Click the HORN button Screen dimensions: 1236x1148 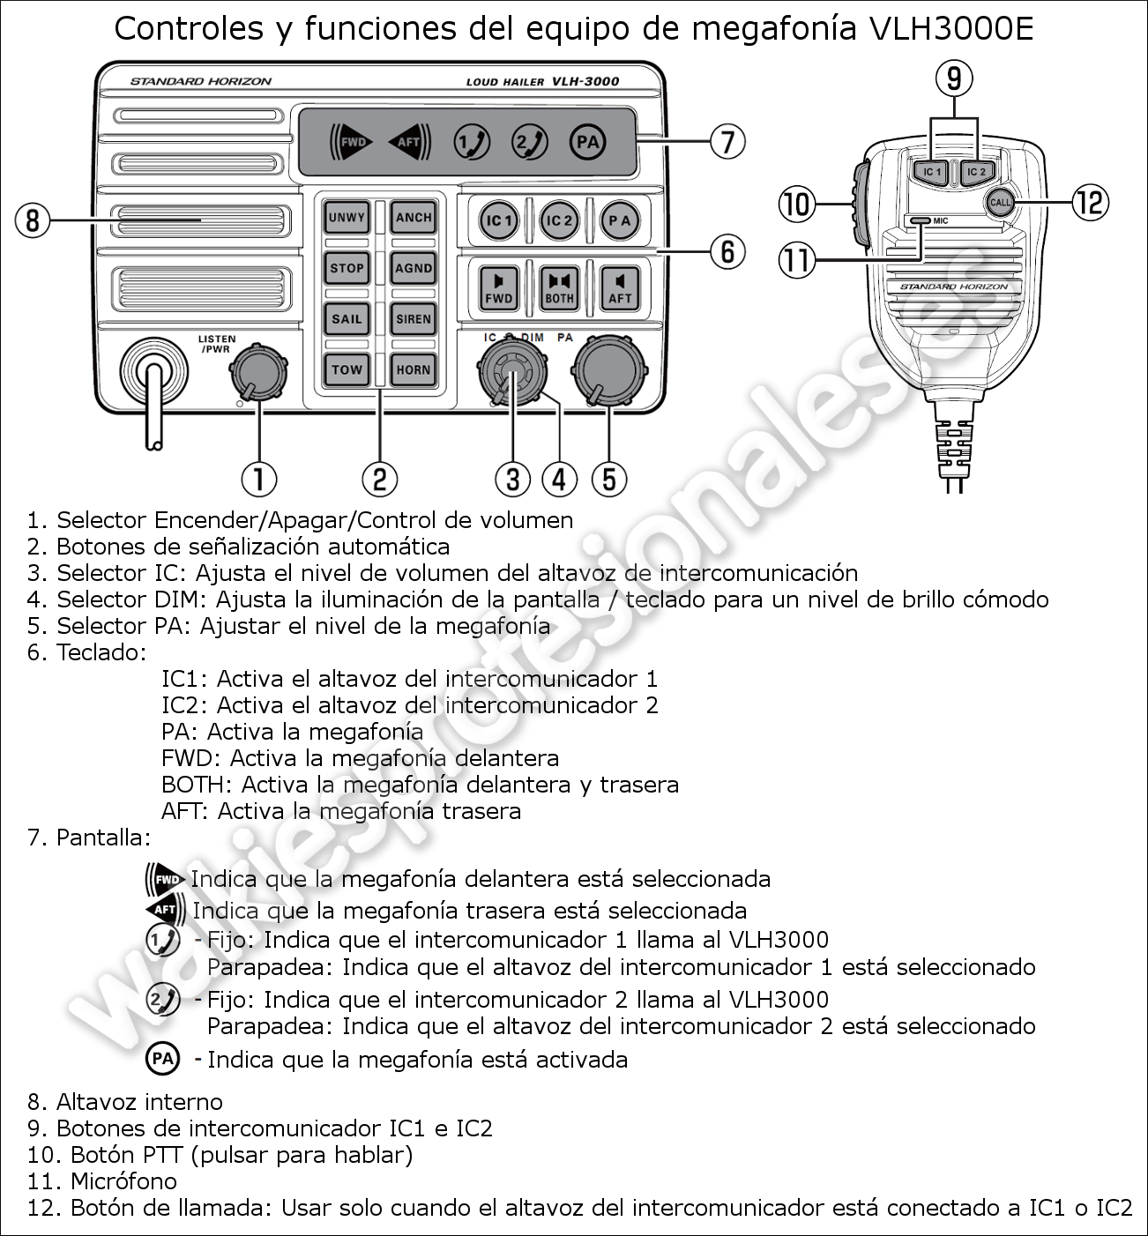click(413, 369)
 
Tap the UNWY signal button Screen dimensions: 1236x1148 click(347, 218)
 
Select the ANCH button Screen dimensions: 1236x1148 click(413, 218)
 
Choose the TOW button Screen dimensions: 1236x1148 click(347, 369)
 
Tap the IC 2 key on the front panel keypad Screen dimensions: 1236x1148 click(559, 220)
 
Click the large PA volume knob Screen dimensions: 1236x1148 click(608, 371)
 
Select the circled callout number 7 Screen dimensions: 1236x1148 click(727, 141)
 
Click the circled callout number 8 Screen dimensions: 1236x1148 click(33, 219)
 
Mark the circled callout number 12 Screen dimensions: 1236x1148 click(1090, 203)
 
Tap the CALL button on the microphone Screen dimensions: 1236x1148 click(1000, 202)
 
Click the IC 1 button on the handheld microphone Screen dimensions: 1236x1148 click(932, 171)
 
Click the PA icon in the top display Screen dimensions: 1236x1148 click(587, 142)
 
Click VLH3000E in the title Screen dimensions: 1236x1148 click(950, 29)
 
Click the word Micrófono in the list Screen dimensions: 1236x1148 click(123, 1181)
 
